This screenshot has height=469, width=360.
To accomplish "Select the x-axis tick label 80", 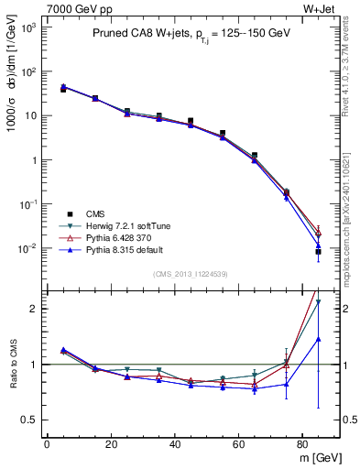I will pos(305,443).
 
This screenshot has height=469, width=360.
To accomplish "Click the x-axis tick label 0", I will pos(47,443).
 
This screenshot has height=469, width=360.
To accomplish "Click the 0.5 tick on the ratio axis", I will pos(29,420).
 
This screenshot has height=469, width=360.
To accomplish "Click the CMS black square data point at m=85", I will pos(318,252).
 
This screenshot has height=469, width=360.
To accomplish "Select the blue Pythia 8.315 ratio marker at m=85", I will pos(318,339).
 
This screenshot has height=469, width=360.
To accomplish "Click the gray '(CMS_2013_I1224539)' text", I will pos(190,273).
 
